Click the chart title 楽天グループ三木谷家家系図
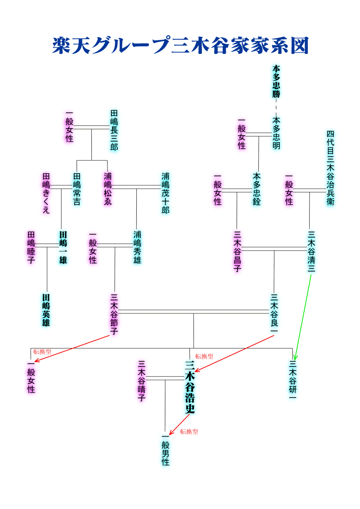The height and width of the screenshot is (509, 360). pyautogui.click(x=180, y=45)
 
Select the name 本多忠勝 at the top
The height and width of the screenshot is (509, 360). pyautogui.click(x=276, y=81)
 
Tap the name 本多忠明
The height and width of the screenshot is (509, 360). pyautogui.click(x=276, y=134)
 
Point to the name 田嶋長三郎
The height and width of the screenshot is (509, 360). pyautogui.click(x=114, y=130)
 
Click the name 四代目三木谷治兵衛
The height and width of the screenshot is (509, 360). pyautogui.click(x=330, y=168)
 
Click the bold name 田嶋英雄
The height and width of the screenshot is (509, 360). pyautogui.click(x=46, y=310)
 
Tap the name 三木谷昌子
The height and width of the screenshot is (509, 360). pyautogui.click(x=238, y=252)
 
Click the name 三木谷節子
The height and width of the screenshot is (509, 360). pyautogui.click(x=114, y=314)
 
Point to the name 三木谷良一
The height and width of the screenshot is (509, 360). pyautogui.click(x=274, y=314)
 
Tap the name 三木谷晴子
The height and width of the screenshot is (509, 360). pyautogui.click(x=142, y=381)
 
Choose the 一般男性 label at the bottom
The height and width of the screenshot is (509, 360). pyautogui.click(x=166, y=449)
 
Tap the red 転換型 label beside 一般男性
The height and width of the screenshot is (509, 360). pyautogui.click(x=189, y=432)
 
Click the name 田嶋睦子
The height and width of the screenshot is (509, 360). pyautogui.click(x=31, y=248)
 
